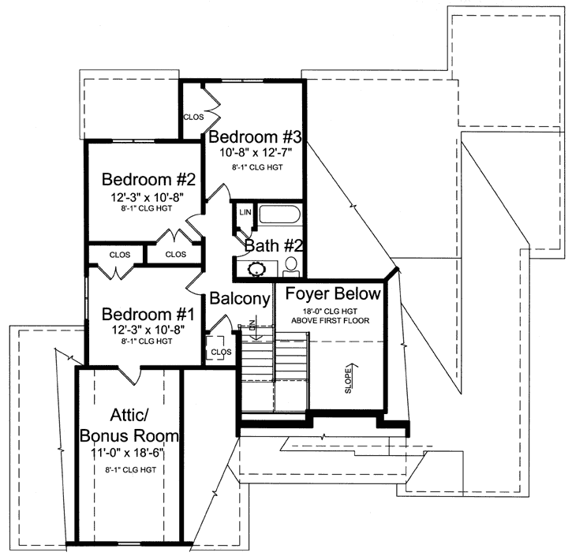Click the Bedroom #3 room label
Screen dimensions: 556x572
(255, 132)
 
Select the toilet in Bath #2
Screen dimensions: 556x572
(291, 264)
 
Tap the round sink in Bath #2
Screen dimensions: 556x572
(257, 268)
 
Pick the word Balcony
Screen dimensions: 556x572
(241, 299)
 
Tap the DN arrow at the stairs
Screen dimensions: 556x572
(253, 328)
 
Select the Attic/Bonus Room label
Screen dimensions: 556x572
(129, 424)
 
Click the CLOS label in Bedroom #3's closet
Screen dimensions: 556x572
(194, 117)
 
